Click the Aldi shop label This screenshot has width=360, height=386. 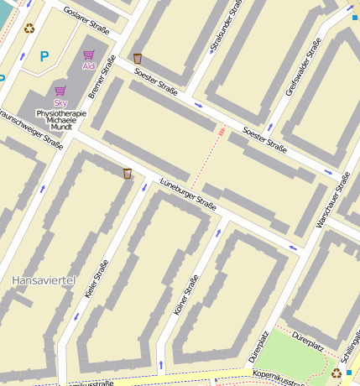(x=89, y=65)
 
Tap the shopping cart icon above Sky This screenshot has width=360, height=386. (x=60, y=91)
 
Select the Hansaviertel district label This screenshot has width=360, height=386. (x=44, y=279)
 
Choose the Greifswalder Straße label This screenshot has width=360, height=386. (x=303, y=66)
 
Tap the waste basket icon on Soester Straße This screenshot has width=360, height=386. (x=138, y=59)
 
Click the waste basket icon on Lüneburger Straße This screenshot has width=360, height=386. (x=128, y=174)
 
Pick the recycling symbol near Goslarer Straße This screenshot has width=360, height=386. (x=29, y=29)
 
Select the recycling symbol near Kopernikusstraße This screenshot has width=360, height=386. (x=337, y=373)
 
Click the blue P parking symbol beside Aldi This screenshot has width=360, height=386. (x=44, y=57)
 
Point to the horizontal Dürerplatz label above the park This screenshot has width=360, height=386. (x=307, y=343)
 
